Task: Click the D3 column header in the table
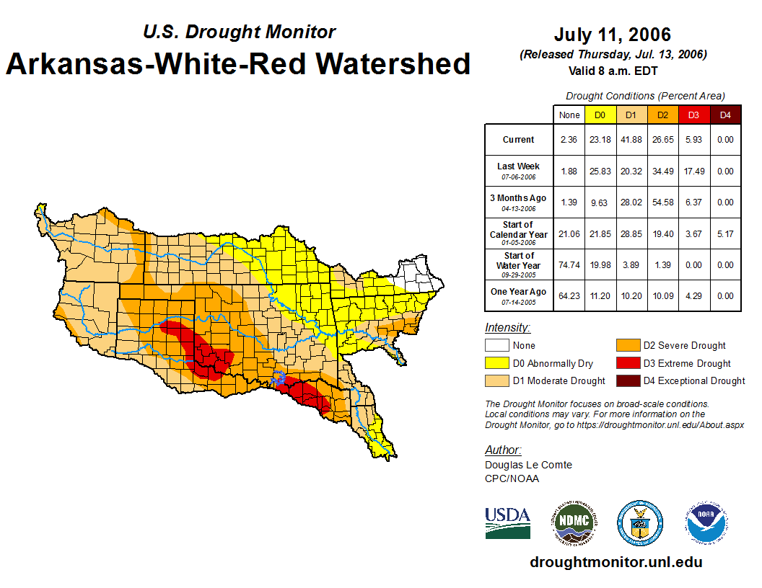point(693,115)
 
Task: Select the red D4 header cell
point(725,115)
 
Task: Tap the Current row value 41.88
point(631,140)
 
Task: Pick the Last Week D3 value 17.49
point(693,171)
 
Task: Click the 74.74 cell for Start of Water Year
point(569,265)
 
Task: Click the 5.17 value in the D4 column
point(725,233)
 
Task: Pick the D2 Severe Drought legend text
point(684,346)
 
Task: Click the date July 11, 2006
point(612,35)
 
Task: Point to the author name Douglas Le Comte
point(528,465)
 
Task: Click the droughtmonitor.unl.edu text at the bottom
point(616,562)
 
